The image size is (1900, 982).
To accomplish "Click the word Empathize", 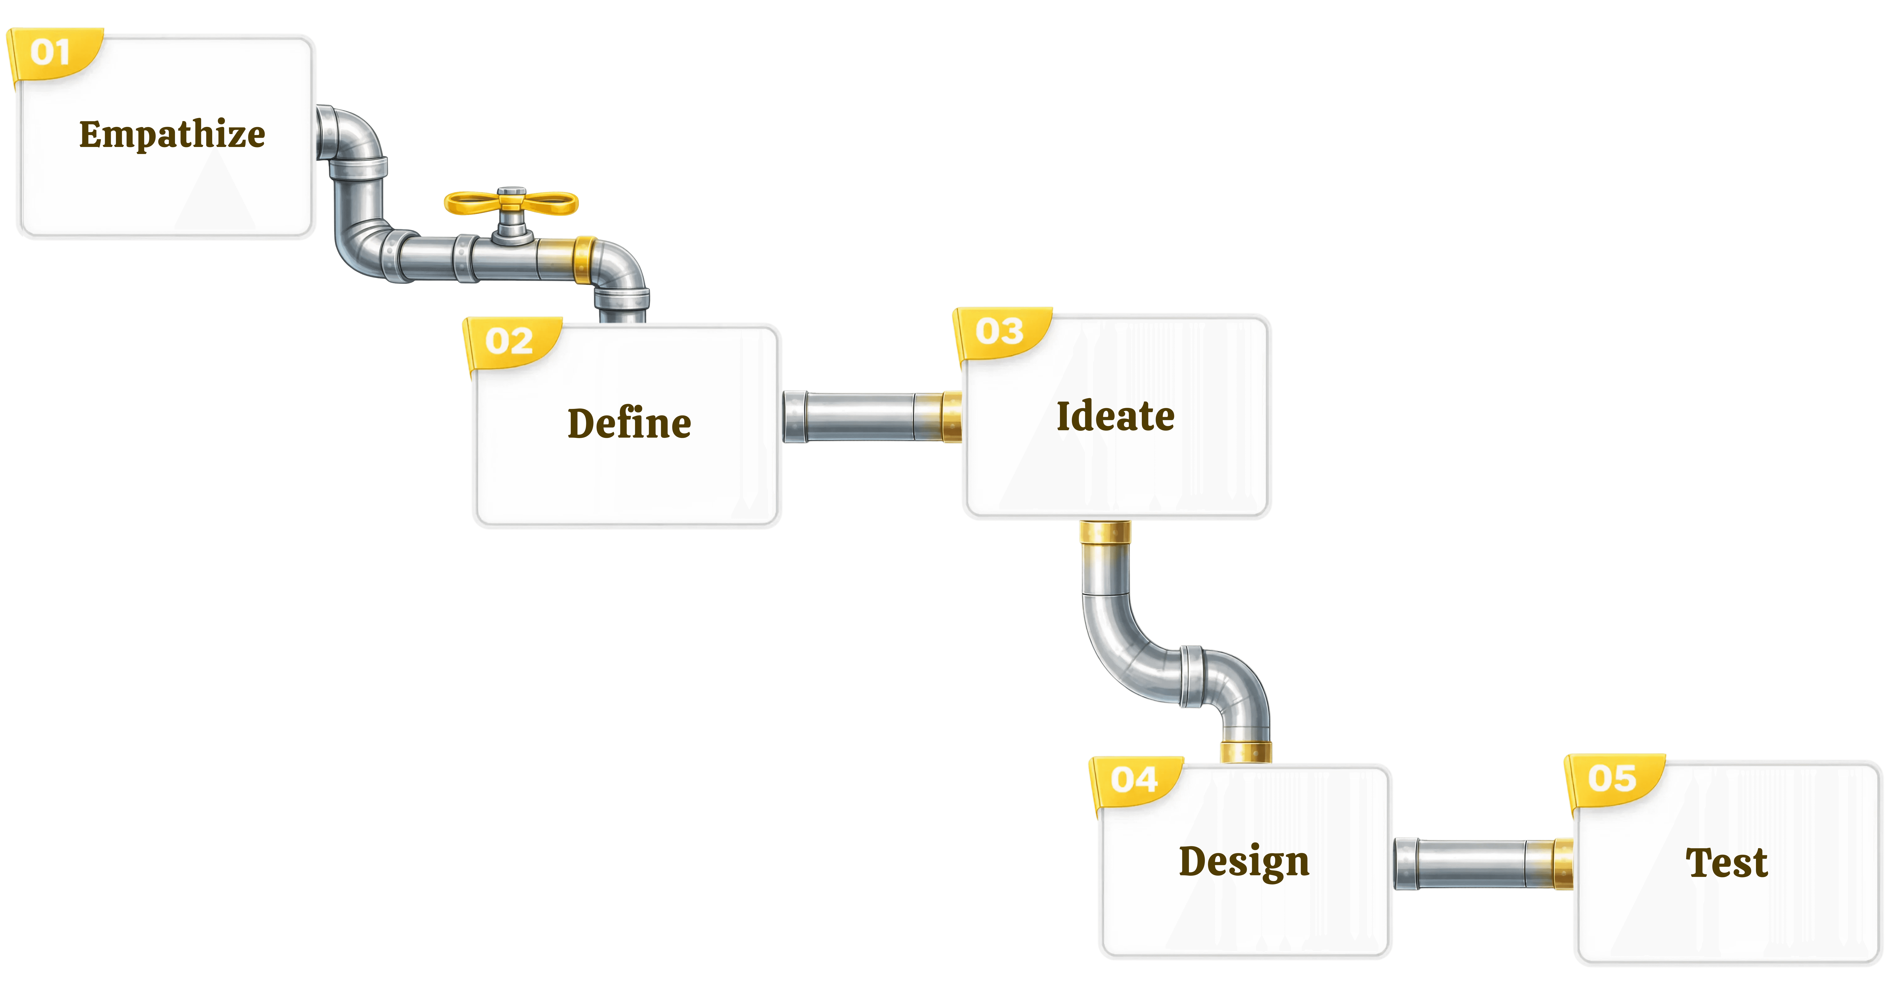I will point(172,134).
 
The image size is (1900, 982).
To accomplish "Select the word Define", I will point(629,423).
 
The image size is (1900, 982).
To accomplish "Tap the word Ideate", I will point(1115,416).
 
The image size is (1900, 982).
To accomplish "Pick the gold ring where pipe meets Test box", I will point(1562,863).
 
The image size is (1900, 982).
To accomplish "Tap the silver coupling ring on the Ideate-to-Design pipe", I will point(1191,677).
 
